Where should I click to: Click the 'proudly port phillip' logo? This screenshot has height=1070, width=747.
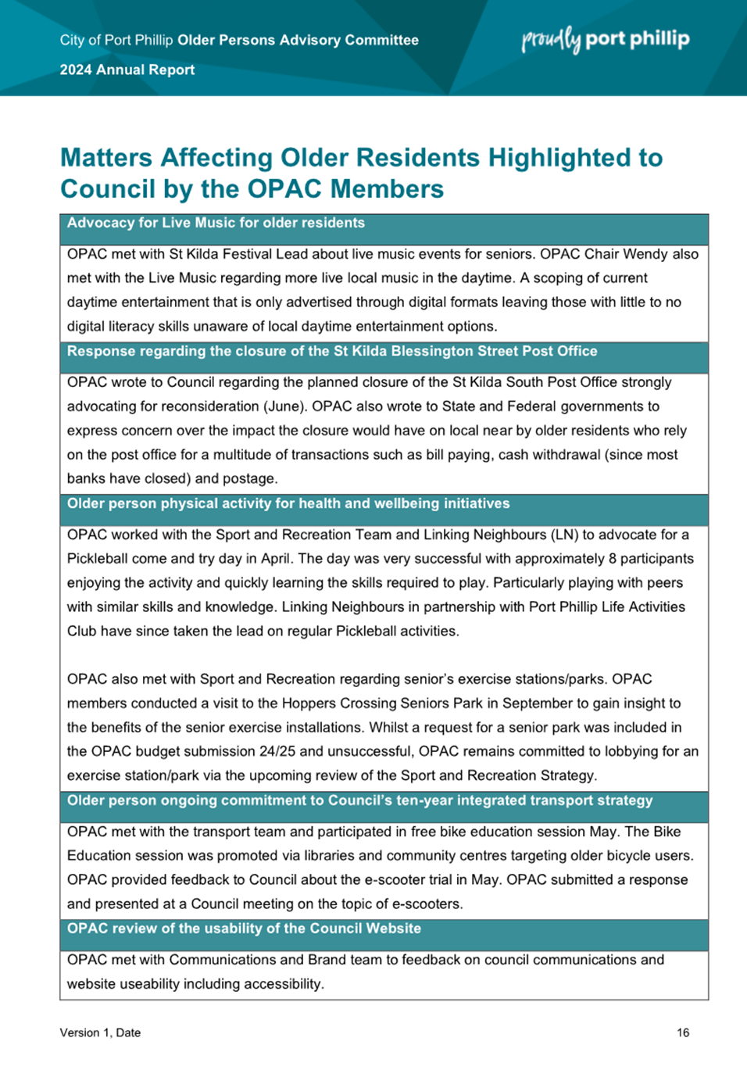tap(606, 39)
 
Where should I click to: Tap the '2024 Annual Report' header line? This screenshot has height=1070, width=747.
tap(127, 70)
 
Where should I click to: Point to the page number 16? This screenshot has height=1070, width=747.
tap(683, 1032)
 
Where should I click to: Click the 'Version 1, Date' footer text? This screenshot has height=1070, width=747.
tap(100, 1032)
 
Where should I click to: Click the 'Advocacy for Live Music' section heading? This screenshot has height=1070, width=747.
tap(216, 223)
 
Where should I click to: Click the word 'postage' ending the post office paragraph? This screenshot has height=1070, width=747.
tap(250, 478)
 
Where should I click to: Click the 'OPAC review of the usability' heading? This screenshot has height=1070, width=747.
tap(244, 929)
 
